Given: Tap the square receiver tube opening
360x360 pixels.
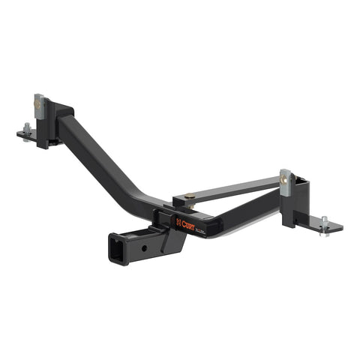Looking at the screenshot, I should [x=118, y=248].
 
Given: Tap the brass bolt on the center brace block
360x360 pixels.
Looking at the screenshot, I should [x=190, y=198].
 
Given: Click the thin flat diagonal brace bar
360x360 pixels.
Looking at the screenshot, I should [x=240, y=188].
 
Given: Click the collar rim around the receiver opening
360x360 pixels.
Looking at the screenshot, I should [x=109, y=248].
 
